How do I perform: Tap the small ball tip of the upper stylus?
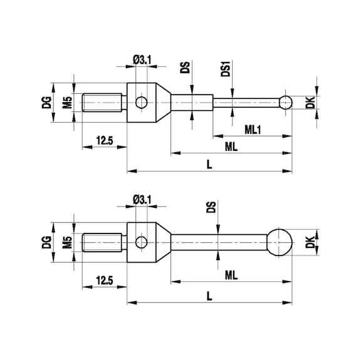tap(286, 102)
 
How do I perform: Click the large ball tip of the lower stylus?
tap(280, 241)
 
